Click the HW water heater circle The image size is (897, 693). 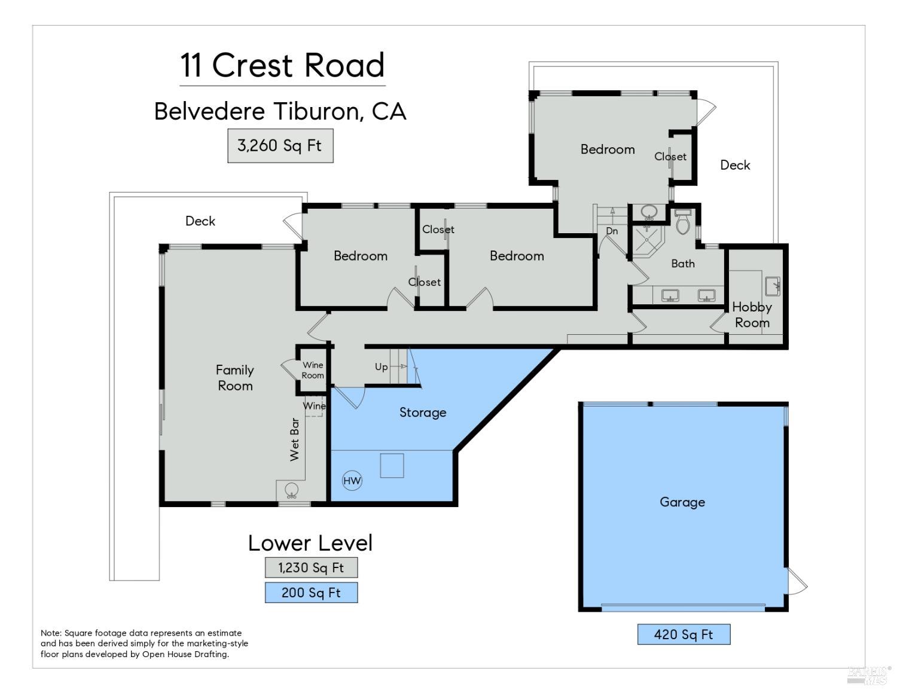point(352,480)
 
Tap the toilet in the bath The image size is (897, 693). point(683,222)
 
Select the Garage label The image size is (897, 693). point(682,502)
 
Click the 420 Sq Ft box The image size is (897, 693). point(684,634)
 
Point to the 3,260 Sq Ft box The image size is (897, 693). point(280,146)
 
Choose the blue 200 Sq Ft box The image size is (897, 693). point(311,593)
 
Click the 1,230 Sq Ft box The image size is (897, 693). point(311,567)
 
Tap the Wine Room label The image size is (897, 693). point(313,370)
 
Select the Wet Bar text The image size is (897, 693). point(294,439)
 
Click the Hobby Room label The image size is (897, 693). point(752,315)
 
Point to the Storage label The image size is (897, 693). point(423,413)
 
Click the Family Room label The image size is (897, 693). point(235,378)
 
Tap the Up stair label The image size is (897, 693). point(381,367)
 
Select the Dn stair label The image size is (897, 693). point(612,231)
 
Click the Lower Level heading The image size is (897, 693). point(310,543)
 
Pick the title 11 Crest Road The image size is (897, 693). point(282,65)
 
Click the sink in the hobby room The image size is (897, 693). point(773,286)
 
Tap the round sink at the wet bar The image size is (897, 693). point(291,490)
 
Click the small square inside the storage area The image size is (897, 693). point(392,466)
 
